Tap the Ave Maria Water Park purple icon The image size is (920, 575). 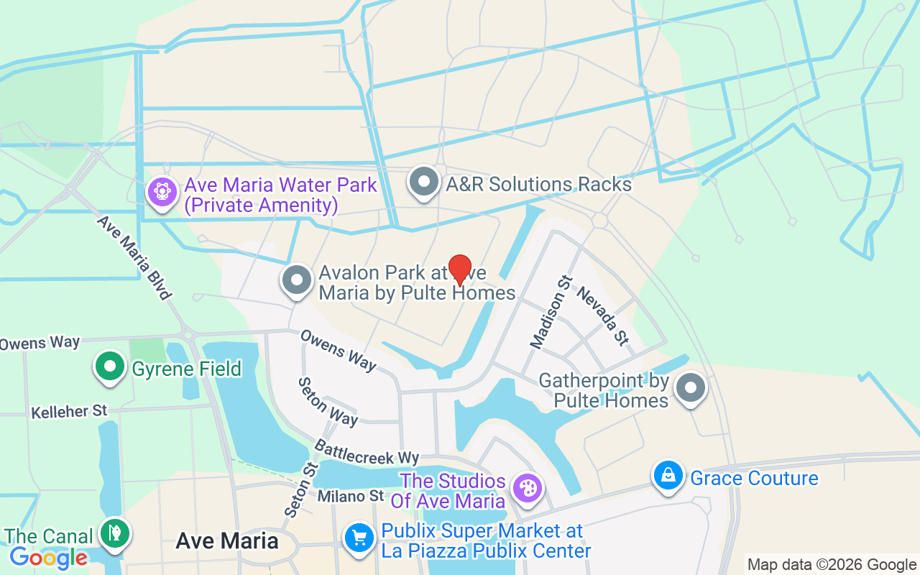tap(162, 192)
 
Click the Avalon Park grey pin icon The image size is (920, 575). tap(296, 280)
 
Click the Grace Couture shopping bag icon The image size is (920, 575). tap(668, 476)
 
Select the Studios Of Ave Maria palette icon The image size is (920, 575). tap(527, 489)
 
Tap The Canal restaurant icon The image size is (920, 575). tap(114, 533)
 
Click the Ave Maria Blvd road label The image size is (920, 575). tap(135, 257)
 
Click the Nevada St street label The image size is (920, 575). tap(602, 316)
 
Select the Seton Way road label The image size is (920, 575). tap(328, 402)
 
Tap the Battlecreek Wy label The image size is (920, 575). tap(367, 452)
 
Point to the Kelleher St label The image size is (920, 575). tap(69, 412)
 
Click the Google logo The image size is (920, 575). tap(49, 557)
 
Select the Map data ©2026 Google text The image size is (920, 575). tap(832, 565)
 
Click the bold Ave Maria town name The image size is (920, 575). tap(227, 540)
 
